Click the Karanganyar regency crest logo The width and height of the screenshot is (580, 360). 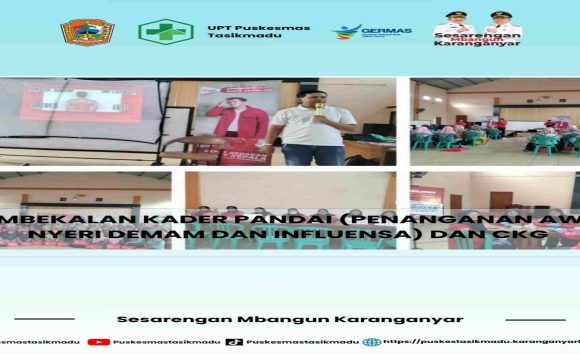(87, 32)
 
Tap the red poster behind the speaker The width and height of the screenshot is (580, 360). (236, 120)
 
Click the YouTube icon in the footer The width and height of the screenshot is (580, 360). (98, 341)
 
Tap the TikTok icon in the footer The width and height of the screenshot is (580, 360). (234, 341)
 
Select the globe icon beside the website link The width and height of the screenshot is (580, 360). (371, 341)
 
